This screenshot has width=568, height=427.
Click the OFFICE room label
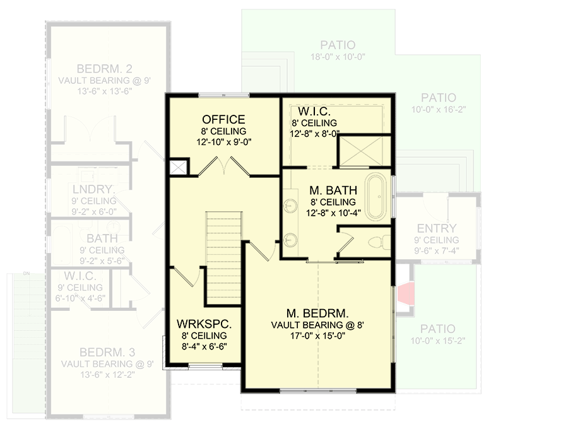pos(223,119)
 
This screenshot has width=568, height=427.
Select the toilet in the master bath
pos(376,240)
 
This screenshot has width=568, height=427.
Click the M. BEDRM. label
pos(317,313)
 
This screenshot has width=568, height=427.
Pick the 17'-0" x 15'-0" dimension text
pos(317,336)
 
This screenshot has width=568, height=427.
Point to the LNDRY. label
pos(92,189)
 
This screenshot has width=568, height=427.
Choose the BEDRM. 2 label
pos(104,69)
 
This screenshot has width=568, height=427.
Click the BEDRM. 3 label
pos(107,352)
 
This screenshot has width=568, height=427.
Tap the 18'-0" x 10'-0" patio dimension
pos(337,57)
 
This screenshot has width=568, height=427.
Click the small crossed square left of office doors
pos(178,167)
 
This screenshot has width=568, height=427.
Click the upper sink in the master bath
pos(291,206)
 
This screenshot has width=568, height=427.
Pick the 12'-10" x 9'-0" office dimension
pos(223,141)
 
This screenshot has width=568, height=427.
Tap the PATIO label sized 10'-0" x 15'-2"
pos(438,329)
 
